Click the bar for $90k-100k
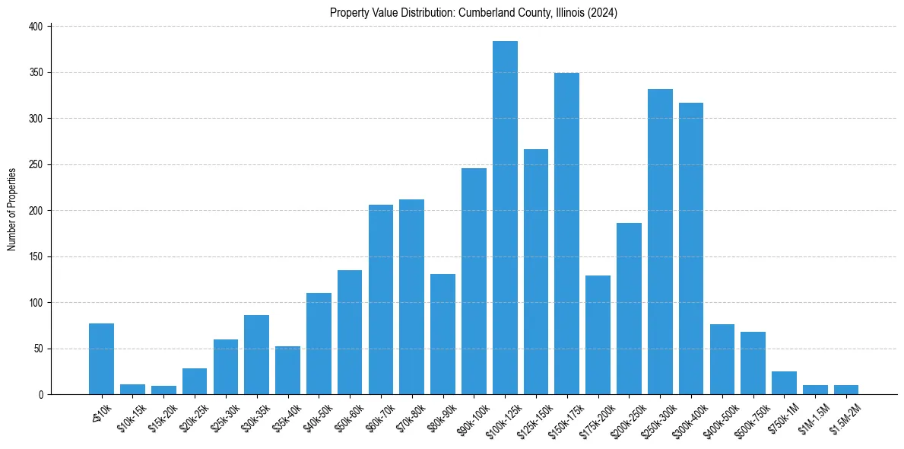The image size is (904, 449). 474,282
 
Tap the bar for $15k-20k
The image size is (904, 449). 163,390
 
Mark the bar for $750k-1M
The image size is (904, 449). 784,383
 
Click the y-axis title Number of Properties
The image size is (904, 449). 11,209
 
